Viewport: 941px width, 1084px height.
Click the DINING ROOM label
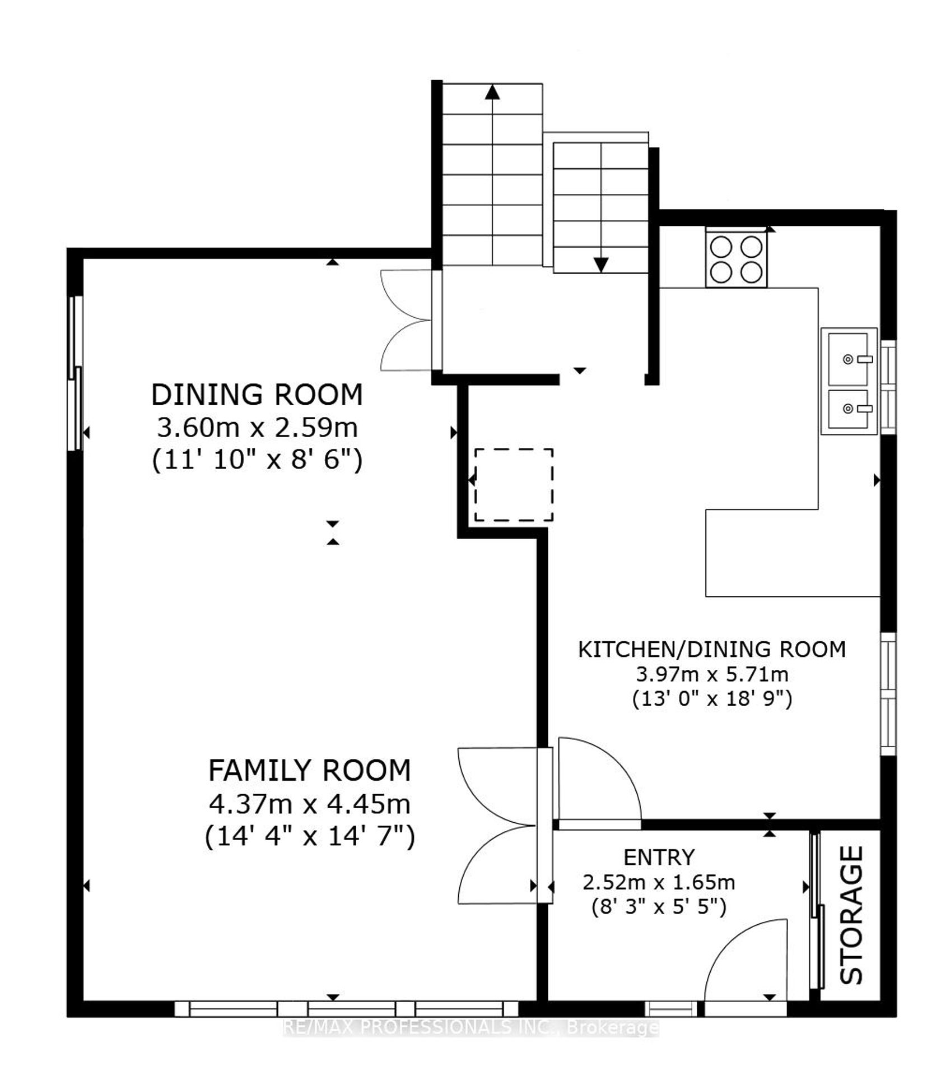(x=257, y=395)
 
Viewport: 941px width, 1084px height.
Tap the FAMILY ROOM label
(x=309, y=771)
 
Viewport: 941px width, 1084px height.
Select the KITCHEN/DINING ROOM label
(x=712, y=649)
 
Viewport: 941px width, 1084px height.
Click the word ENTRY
(x=659, y=857)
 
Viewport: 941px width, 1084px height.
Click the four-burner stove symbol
(x=737, y=259)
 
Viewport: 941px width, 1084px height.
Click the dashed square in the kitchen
(x=514, y=485)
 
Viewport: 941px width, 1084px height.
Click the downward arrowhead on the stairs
(x=601, y=265)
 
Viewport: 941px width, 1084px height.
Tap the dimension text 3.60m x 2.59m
(x=257, y=429)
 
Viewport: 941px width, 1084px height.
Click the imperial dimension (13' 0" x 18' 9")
(x=712, y=699)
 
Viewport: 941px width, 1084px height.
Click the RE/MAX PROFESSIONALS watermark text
(x=470, y=1027)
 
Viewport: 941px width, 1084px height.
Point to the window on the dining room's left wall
(x=76, y=373)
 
